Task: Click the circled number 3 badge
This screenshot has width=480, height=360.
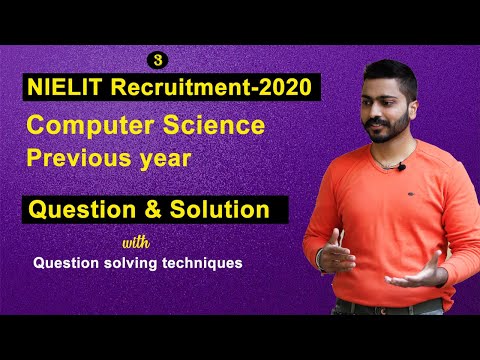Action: click(x=156, y=60)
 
